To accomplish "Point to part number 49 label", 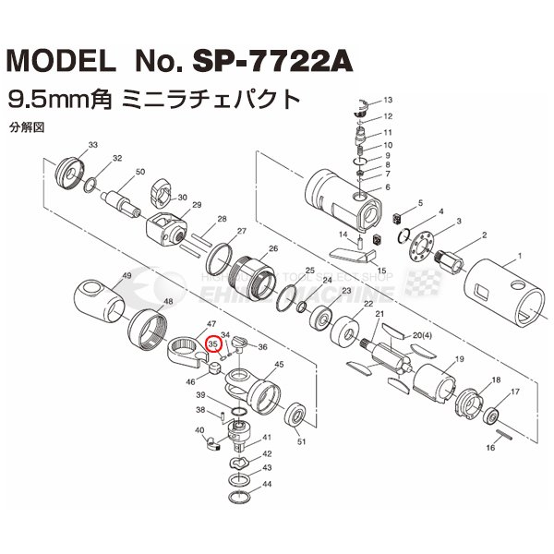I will (126, 276).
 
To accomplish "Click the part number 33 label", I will (93, 145).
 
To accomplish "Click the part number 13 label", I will (388, 99).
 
